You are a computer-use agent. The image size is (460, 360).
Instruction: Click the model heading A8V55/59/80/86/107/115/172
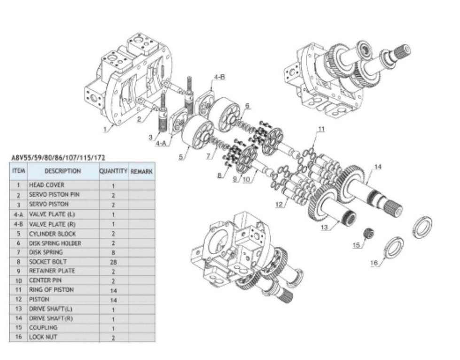coord(58,157)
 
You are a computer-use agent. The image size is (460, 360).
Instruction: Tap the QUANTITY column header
coord(114,171)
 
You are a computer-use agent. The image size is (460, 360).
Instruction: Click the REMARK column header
coord(141,172)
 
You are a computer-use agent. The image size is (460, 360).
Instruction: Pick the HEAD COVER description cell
coord(47,185)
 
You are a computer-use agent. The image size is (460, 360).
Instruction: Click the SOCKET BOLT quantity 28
coord(114,262)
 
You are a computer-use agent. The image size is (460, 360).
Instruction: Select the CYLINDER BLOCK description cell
coord(52,234)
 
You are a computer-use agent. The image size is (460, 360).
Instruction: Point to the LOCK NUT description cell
coord(43,337)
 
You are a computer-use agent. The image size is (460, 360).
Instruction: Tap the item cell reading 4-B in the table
coord(18,224)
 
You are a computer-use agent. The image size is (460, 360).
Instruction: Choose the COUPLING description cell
coord(43,328)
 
